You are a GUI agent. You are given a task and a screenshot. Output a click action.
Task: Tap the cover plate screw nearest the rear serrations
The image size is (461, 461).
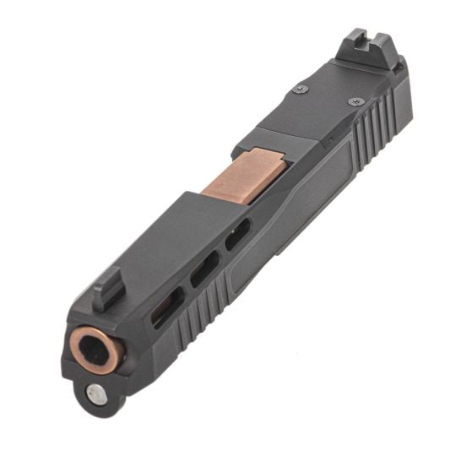pyautogui.click(x=355, y=101)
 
